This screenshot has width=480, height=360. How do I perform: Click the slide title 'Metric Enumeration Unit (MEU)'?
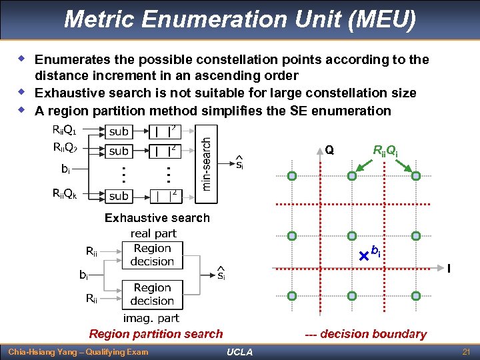240,19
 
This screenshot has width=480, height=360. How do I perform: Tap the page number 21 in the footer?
466,351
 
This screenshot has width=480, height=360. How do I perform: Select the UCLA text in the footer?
239,352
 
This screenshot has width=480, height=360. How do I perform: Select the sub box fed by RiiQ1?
119,132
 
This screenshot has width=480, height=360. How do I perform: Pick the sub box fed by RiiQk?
119,196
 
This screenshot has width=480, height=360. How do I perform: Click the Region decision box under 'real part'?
152,255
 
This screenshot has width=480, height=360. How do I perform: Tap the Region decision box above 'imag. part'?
152,294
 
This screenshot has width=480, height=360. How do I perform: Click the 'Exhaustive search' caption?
157,218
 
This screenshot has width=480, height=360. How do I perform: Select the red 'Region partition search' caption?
156,334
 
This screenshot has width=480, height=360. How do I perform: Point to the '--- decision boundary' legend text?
365,334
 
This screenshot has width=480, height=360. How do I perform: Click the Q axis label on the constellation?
329,150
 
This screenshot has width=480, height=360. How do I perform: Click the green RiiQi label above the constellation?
385,151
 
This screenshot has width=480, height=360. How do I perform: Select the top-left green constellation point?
292,177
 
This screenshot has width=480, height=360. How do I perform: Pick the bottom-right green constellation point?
415,295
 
